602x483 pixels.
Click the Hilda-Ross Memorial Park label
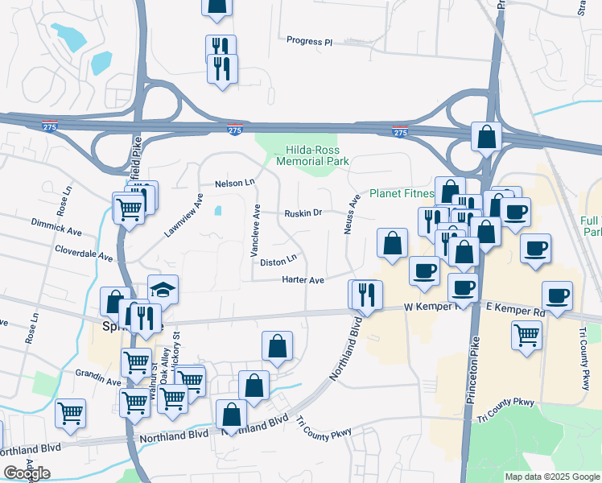click(312, 155)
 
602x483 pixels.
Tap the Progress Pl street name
click(310, 41)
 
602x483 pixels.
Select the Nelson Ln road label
click(234, 184)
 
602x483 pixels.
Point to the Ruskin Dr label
click(303, 213)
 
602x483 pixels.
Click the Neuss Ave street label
click(351, 214)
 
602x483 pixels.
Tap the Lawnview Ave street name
click(183, 215)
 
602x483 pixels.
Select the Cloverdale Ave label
click(83, 254)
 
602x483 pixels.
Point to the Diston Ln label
click(278, 262)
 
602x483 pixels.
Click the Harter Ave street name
click(303, 280)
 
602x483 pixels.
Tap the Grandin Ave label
click(97, 376)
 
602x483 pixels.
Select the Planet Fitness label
click(401, 193)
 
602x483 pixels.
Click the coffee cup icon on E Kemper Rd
click(558, 295)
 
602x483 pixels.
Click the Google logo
click(27, 473)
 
